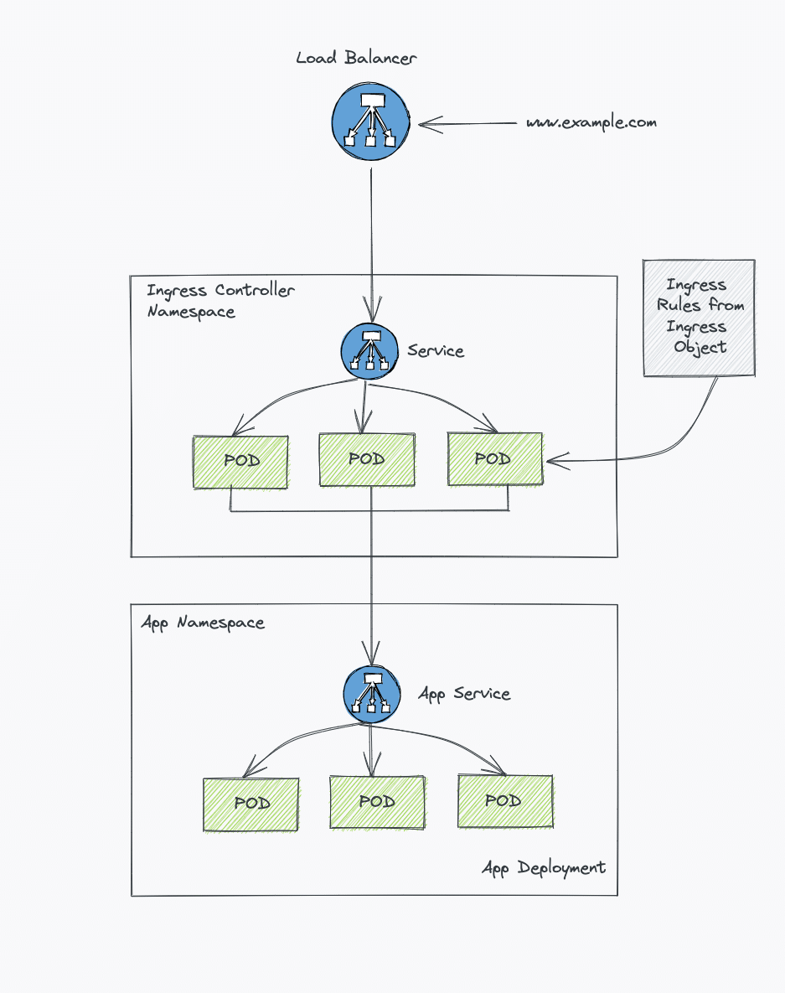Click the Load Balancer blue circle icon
coord(369,122)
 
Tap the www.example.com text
coord(591,122)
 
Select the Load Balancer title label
coord(356,58)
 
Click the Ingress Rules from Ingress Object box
coord(699,318)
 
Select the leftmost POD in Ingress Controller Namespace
coord(240,462)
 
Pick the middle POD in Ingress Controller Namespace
coord(367,459)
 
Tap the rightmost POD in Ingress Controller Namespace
coord(494,459)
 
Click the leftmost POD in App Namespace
coord(250,804)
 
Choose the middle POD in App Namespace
coord(377,802)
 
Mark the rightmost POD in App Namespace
coord(504,801)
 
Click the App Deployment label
coord(543,867)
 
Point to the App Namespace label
coord(203,623)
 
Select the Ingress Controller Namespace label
coord(219,301)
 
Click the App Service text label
coord(464,694)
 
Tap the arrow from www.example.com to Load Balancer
coord(469,125)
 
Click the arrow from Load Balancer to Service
coord(371,235)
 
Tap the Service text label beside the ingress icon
coord(436,350)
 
